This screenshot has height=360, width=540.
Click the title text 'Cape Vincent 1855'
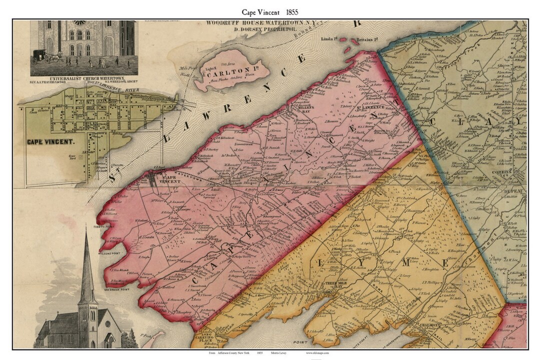click(269, 11)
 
